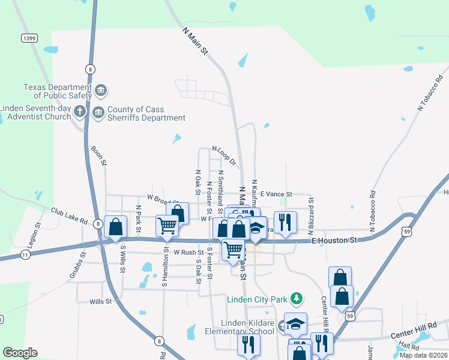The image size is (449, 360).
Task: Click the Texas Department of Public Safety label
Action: [x=57, y=91]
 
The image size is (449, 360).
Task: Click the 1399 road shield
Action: [x=28, y=38]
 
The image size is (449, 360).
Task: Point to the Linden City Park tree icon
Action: [x=295, y=298]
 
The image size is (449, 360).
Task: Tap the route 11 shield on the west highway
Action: [x=25, y=255]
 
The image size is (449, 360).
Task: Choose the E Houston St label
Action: [x=335, y=240]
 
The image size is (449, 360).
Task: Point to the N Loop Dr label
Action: [x=224, y=156]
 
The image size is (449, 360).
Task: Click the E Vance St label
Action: [x=276, y=194]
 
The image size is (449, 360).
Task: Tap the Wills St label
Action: [x=100, y=302]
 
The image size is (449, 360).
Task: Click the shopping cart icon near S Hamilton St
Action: [x=167, y=226]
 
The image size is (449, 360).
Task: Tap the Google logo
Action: [x=20, y=353]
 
